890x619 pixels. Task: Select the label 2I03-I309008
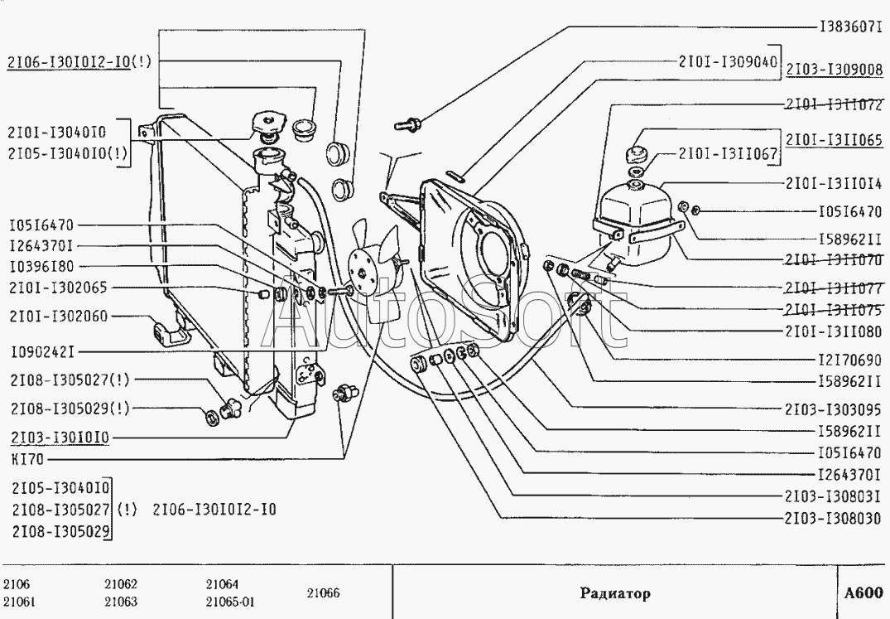pyautogui.click(x=834, y=70)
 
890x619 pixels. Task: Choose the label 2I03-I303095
pyautogui.click(x=834, y=409)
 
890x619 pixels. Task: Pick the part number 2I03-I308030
pyautogui.click(x=834, y=520)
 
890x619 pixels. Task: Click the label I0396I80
pyautogui.click(x=41, y=267)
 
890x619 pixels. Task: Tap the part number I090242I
pyautogui.click(x=42, y=352)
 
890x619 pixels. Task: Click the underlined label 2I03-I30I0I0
pyautogui.click(x=60, y=437)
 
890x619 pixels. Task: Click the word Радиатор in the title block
pyautogui.click(x=614, y=593)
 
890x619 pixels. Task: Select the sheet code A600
pyautogui.click(x=864, y=593)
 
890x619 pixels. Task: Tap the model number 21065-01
pyautogui.click(x=230, y=602)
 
